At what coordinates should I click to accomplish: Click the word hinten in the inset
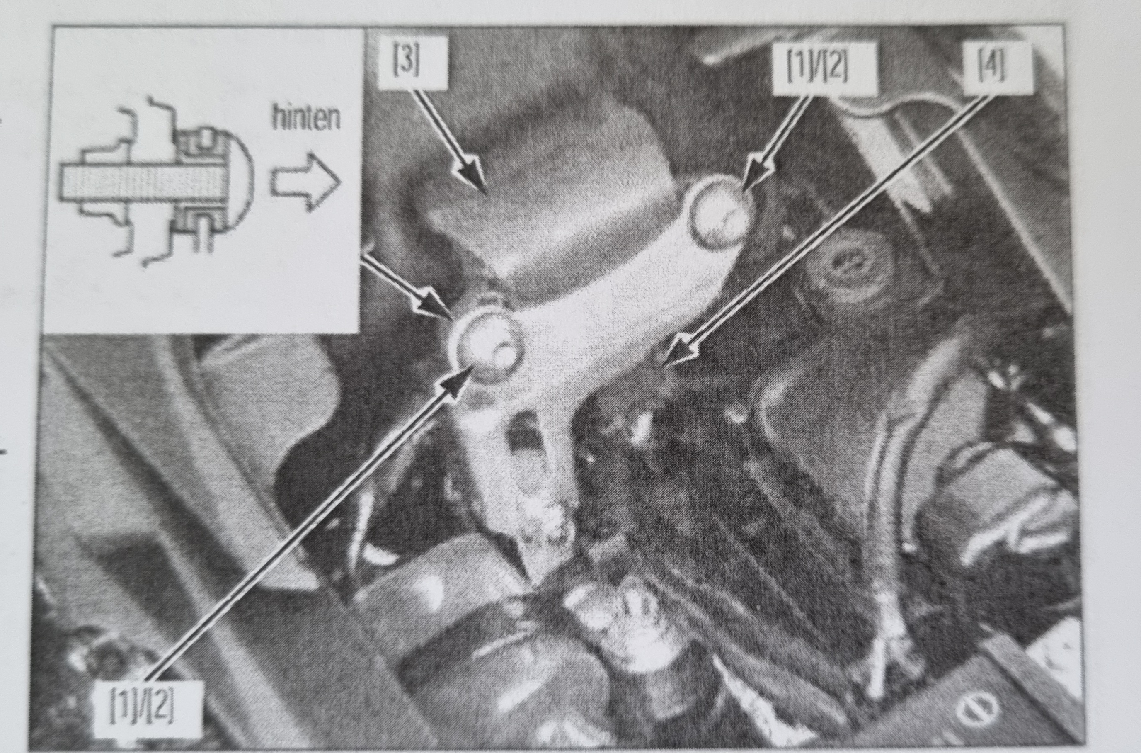click(306, 118)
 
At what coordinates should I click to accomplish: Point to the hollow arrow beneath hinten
click(306, 182)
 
